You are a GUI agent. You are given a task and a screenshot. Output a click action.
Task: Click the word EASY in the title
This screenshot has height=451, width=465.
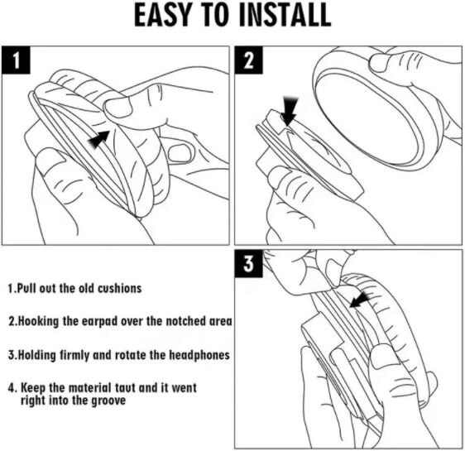pos(162,15)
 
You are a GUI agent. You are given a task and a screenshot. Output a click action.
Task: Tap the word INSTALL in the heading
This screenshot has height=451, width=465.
pos(285,15)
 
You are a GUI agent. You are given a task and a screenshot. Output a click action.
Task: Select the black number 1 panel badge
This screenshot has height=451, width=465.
pos(16,60)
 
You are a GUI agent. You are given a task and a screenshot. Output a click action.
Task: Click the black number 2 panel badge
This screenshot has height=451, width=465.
pos(249,60)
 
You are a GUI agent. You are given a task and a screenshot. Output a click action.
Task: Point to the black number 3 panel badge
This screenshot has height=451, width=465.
pos(249,264)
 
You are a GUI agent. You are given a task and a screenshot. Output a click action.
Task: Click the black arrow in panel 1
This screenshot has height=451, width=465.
pos(99,139)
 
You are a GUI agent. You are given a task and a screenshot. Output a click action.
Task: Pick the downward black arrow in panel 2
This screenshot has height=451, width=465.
pos(289,111)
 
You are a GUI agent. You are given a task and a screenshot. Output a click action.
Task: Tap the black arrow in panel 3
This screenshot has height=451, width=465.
pos(360,300)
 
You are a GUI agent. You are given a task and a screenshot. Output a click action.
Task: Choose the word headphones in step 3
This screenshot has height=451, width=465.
pos(199,355)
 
